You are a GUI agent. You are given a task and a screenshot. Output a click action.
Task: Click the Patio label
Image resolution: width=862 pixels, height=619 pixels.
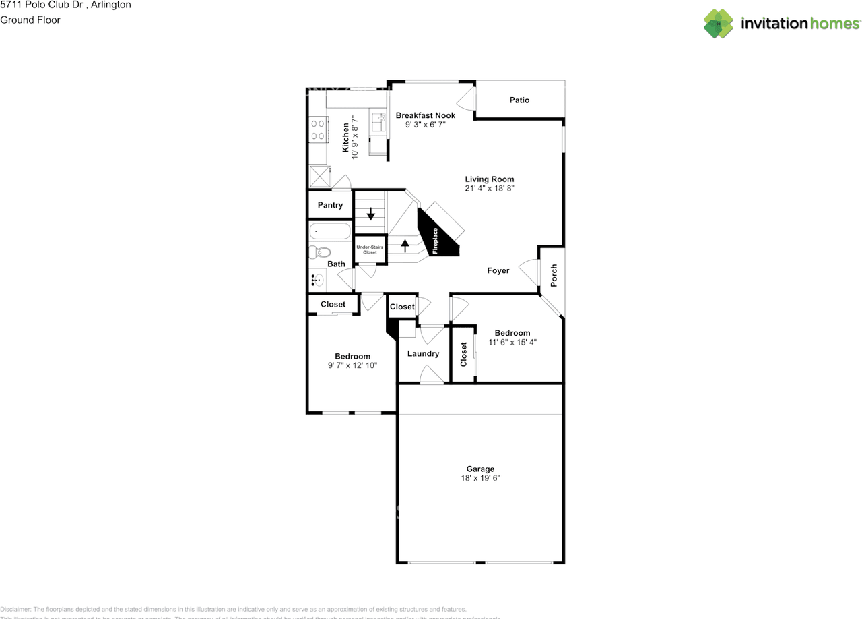click(x=519, y=100)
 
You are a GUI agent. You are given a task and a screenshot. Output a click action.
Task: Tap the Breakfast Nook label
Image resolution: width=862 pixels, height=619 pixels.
click(x=425, y=115)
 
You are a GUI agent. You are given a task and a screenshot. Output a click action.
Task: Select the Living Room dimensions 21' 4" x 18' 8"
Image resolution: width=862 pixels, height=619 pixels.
click(x=490, y=189)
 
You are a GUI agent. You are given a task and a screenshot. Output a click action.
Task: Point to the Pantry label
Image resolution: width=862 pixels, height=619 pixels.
click(x=330, y=205)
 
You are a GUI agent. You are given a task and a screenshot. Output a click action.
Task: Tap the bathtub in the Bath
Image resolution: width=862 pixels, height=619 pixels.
click(x=330, y=232)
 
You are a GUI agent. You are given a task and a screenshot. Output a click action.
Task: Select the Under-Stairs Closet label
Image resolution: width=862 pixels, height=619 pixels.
click(x=370, y=249)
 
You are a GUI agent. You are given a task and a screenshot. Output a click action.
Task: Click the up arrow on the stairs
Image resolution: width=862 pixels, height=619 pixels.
click(x=405, y=245)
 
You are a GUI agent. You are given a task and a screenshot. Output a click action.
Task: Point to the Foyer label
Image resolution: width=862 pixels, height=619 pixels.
click(x=498, y=271)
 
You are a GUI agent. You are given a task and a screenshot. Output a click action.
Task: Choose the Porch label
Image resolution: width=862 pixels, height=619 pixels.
click(x=554, y=276)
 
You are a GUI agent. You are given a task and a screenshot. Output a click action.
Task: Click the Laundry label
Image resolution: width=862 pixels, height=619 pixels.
click(x=423, y=354)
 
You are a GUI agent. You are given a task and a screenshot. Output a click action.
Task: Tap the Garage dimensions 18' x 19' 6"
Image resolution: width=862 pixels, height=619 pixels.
click(x=480, y=478)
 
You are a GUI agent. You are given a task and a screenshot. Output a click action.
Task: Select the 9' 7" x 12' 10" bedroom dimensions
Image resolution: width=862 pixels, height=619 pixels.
click(x=352, y=365)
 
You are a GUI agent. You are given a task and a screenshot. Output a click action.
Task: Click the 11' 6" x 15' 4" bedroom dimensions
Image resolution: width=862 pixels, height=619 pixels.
click(x=512, y=343)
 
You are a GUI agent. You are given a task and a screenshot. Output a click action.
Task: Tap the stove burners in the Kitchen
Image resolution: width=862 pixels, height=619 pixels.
click(x=317, y=130)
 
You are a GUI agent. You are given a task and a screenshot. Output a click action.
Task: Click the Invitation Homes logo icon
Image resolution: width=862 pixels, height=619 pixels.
click(x=719, y=24)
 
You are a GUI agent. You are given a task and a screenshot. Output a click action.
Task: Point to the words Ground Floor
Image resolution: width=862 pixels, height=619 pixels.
click(x=30, y=20)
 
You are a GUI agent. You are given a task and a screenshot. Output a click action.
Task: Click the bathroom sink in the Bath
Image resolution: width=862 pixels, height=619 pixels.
click(x=317, y=280)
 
